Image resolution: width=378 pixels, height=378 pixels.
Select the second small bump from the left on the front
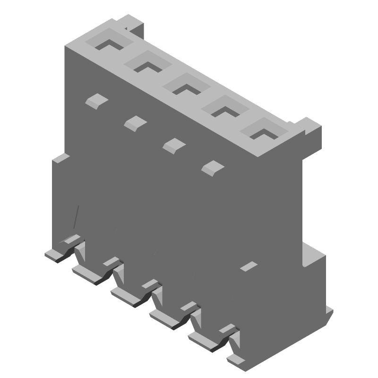[135, 123]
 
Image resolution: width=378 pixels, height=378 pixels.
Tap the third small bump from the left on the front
[173, 145]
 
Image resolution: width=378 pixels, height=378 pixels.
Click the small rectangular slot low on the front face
[249, 266]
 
